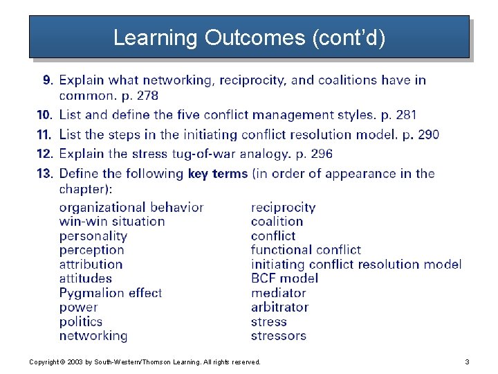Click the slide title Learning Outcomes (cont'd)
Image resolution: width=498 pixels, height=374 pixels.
pos(249,37)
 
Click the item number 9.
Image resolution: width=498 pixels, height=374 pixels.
pos(48,80)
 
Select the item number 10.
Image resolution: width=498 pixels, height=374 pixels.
pos(44,115)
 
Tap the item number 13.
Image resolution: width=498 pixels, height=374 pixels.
pos(44,173)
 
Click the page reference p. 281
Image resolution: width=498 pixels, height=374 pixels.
pos(397,115)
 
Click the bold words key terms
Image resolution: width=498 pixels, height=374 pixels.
pos(217,173)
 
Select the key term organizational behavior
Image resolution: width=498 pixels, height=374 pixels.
pos(131,207)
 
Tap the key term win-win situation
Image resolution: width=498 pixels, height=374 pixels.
pos(112,222)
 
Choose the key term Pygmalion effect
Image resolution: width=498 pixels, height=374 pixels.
pos(111,293)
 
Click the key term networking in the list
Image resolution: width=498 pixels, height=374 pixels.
pos(93,336)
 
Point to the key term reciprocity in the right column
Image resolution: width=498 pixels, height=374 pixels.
pos(283,207)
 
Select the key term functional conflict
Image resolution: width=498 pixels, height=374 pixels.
pos(306,250)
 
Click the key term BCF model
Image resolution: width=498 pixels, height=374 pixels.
pos(284,278)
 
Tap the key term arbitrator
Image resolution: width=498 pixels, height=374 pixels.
pos(279,307)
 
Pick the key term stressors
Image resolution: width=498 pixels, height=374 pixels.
pos(278,336)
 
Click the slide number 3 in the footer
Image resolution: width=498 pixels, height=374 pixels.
pos(467,362)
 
